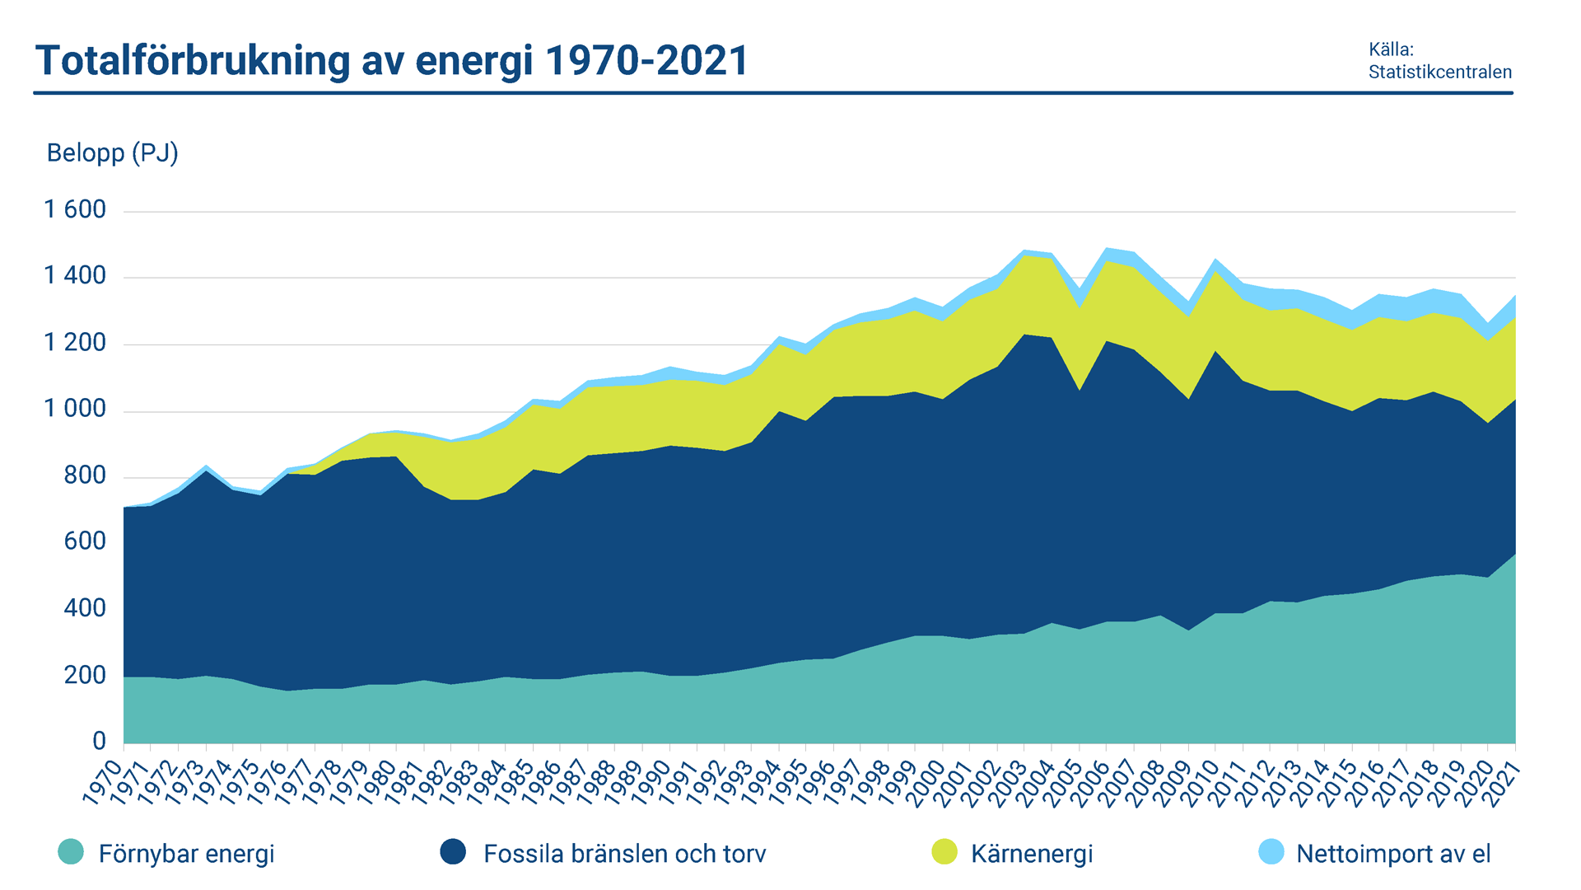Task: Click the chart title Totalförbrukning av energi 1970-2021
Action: pos(392,60)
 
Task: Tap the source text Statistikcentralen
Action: pos(1439,73)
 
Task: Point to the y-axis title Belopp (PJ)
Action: pos(112,153)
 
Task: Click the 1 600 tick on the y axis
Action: pos(75,210)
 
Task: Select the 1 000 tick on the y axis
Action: pos(75,410)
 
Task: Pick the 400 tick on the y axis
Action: pos(85,609)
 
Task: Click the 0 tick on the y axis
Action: pos(99,742)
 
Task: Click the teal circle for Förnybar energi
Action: pos(71,852)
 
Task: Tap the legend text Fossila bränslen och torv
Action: pos(624,854)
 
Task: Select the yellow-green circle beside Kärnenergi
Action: pos(944,852)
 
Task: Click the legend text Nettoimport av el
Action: pos(1393,854)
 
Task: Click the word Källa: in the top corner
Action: pos(1391,49)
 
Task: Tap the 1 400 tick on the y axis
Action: pos(75,276)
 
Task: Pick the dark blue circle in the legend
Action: pos(453,852)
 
